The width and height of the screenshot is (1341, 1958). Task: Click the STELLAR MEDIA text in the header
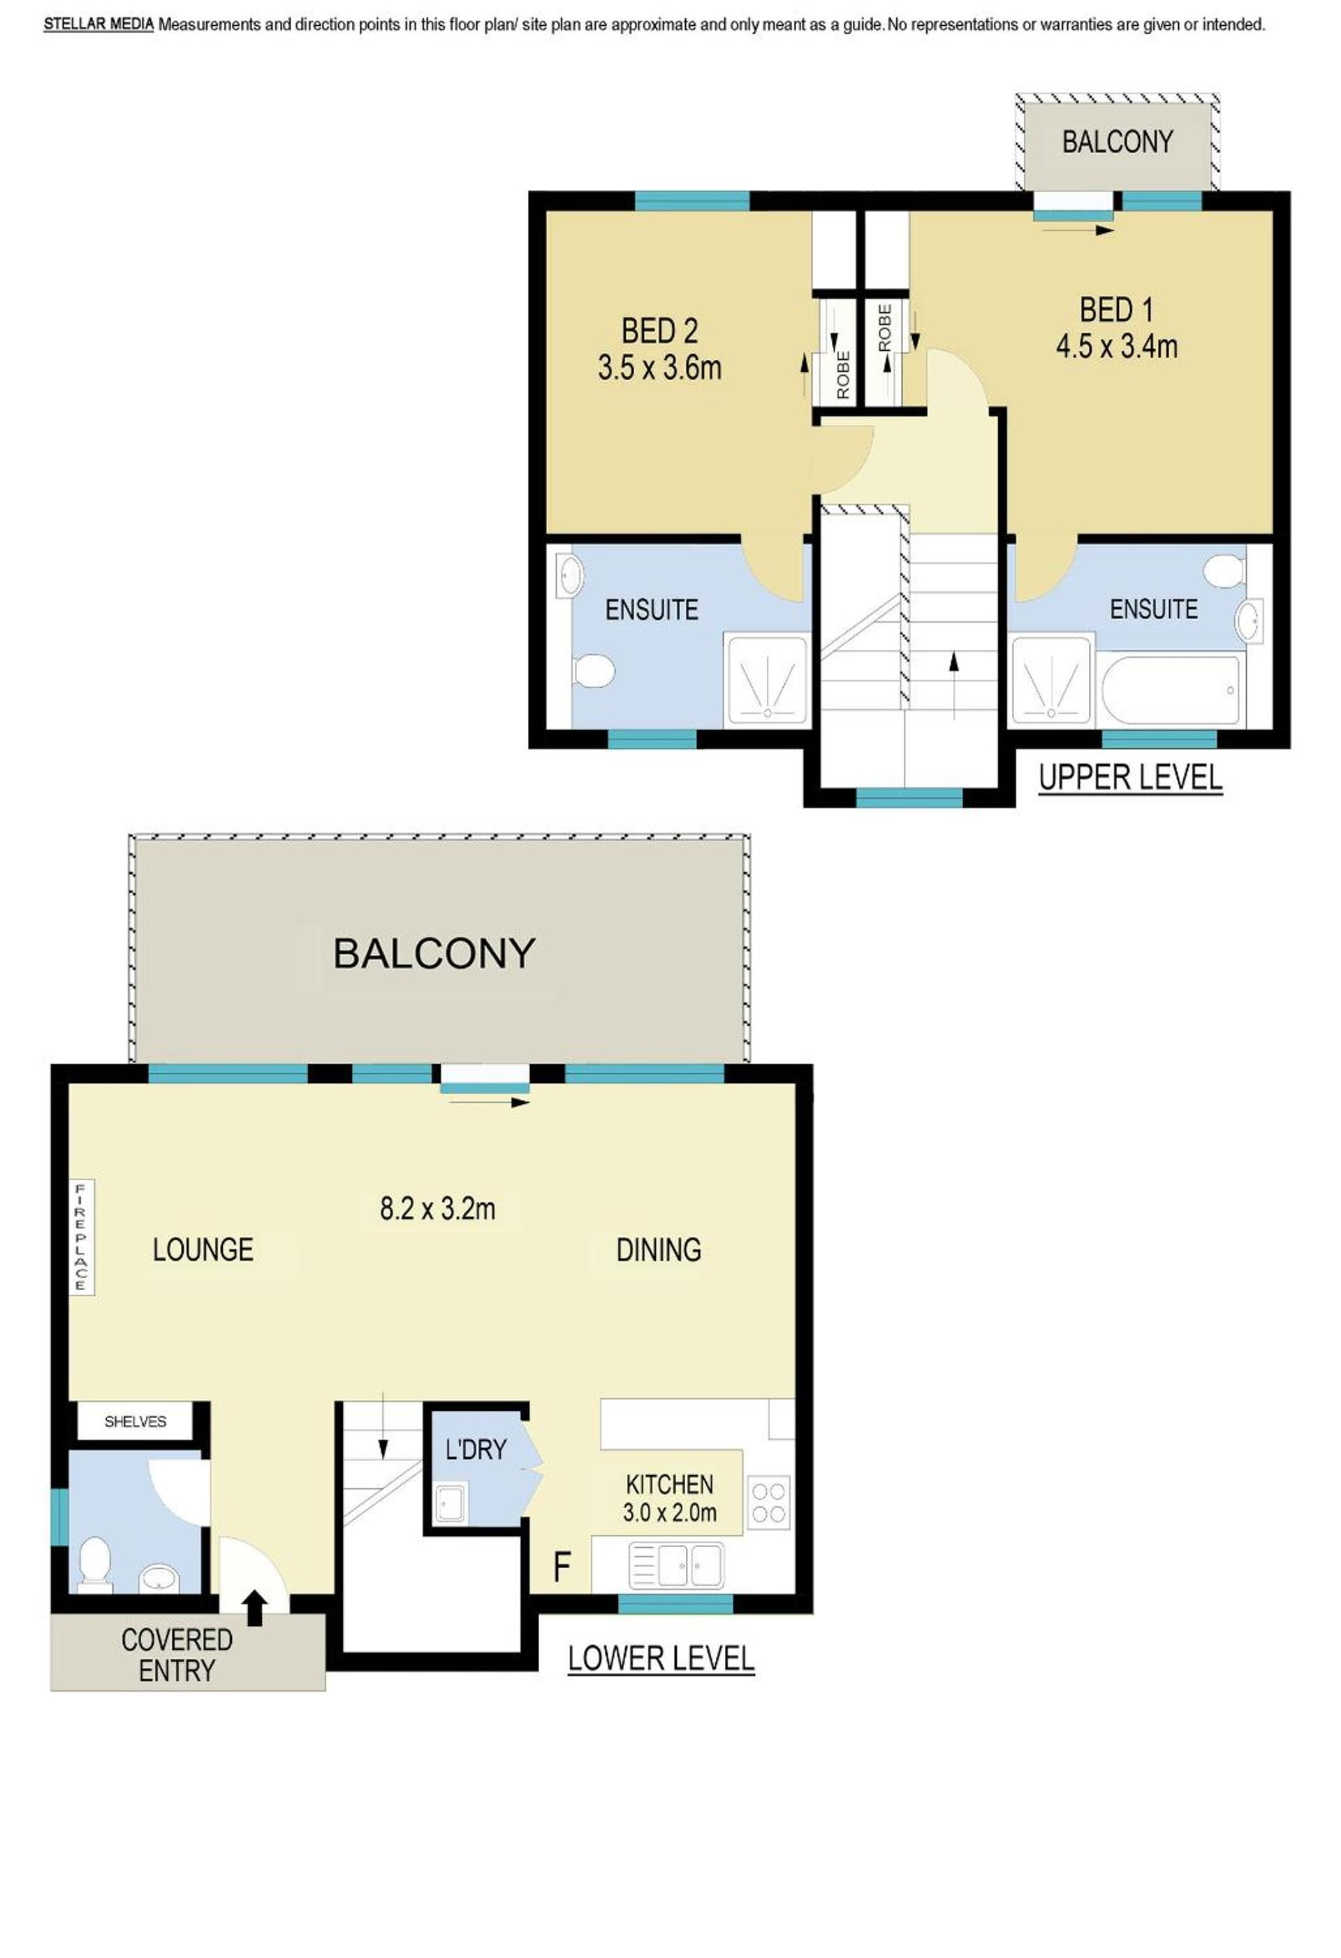click(x=98, y=24)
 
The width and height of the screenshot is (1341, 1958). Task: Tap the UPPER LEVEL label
click(x=1129, y=777)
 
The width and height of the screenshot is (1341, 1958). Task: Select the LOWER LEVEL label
click(x=661, y=1658)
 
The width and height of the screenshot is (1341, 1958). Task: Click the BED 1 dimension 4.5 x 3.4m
click(x=1116, y=347)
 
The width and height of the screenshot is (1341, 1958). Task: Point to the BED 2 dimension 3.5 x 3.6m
click(x=659, y=368)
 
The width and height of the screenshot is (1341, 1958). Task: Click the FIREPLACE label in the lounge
click(x=81, y=1236)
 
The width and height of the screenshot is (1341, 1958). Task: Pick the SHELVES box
click(x=135, y=1421)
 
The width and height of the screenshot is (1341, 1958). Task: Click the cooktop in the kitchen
click(x=769, y=1503)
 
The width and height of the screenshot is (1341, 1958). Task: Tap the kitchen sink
click(x=675, y=1565)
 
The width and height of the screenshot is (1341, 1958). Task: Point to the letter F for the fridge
click(x=562, y=1567)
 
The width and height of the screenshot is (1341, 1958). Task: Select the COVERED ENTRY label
click(x=177, y=1655)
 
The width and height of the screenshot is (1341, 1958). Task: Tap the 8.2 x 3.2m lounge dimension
click(x=437, y=1208)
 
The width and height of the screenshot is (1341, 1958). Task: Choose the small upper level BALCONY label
click(x=1117, y=142)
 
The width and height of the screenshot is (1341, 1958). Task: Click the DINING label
click(x=659, y=1249)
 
